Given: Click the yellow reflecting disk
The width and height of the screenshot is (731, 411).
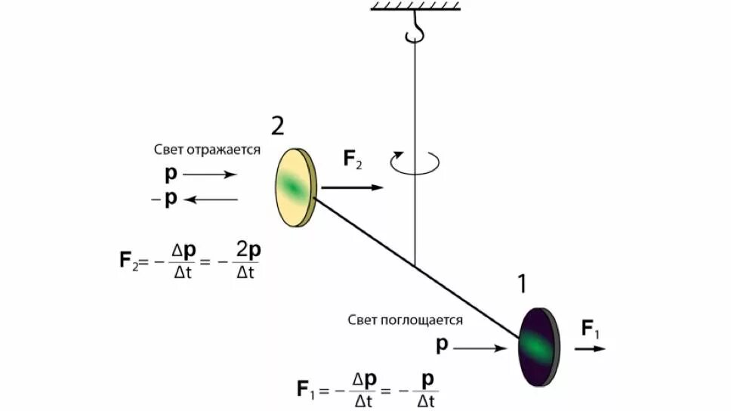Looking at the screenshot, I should [294, 187].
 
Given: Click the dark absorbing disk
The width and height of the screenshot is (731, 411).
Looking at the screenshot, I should [538, 347].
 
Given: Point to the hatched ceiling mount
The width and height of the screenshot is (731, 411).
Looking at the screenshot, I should [415, 7].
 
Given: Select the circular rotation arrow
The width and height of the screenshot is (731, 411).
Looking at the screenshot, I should [415, 160].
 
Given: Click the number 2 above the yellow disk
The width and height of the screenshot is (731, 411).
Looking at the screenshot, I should [277, 126].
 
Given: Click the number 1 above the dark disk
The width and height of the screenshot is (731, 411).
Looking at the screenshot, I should [522, 284].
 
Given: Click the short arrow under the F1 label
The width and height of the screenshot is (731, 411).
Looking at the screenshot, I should [590, 349].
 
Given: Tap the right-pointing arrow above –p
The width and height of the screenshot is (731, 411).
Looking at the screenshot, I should [209, 174].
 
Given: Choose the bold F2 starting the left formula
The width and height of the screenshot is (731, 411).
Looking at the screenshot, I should [128, 261].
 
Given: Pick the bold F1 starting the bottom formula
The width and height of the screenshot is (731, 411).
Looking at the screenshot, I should [306, 390].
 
